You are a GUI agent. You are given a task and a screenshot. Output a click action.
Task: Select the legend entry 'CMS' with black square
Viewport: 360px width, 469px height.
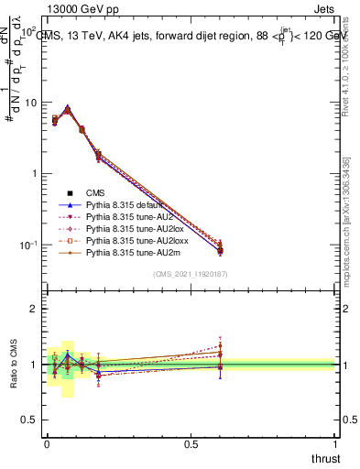pos(97,192)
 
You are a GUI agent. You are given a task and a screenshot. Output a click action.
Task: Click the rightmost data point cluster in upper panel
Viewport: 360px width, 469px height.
pos(220,247)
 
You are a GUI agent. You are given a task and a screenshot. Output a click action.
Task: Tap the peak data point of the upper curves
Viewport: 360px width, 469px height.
pos(68,109)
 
